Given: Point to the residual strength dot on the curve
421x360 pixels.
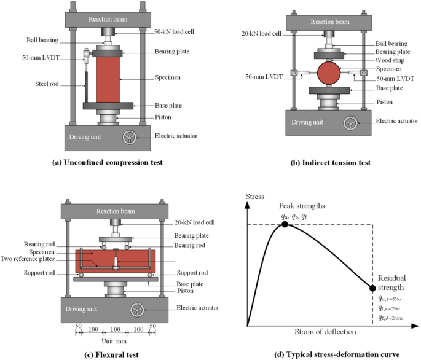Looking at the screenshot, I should click(x=372, y=288).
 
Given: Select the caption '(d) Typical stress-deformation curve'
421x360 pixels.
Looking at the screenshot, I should click(x=326, y=354).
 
